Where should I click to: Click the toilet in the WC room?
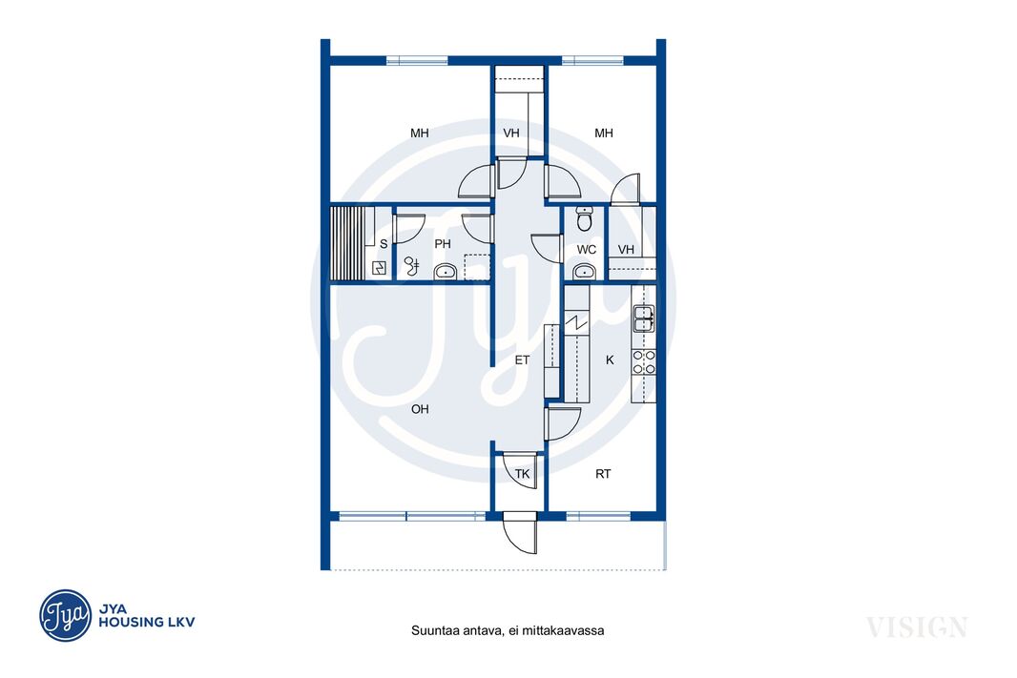[x=585, y=219]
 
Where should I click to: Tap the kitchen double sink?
[x=643, y=318]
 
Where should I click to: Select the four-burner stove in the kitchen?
[x=643, y=362]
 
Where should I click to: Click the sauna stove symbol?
[x=379, y=268]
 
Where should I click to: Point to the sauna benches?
[x=347, y=243]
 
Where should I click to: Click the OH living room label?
[x=420, y=409]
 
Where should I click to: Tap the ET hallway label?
[x=522, y=360]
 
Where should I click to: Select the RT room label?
[x=603, y=474]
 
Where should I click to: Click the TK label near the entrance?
[x=522, y=474]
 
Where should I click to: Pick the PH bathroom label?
[x=443, y=244]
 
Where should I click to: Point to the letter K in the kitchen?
[x=610, y=360]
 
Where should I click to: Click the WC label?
[x=587, y=250]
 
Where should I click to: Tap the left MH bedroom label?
[x=420, y=133]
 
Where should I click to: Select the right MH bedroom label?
[x=604, y=133]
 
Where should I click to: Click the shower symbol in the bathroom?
[x=412, y=265]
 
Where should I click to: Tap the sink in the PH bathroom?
[x=446, y=272]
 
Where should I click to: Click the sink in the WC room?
[x=585, y=272]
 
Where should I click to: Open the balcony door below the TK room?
[x=520, y=533]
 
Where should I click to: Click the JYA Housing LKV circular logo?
[x=66, y=615]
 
